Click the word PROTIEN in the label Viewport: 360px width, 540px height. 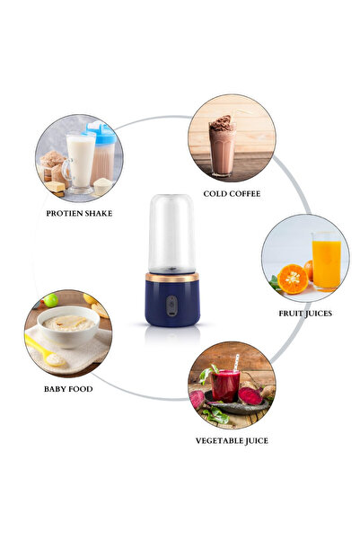coord(65,213)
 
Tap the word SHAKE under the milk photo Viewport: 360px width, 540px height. coord(101,213)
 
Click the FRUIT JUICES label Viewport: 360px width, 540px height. coord(304,313)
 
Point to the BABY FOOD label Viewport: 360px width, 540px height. coord(68,389)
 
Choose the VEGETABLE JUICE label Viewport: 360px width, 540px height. coord(232,440)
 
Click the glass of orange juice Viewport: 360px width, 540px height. coord(326,261)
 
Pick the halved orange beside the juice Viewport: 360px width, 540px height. coord(293,279)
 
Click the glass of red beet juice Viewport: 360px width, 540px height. coord(225,384)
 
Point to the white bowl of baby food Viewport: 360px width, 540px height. coord(68,324)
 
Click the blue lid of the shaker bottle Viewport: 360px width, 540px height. coord(101,135)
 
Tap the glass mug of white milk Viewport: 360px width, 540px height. coord(80,162)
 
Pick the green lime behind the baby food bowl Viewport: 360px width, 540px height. coord(51,300)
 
